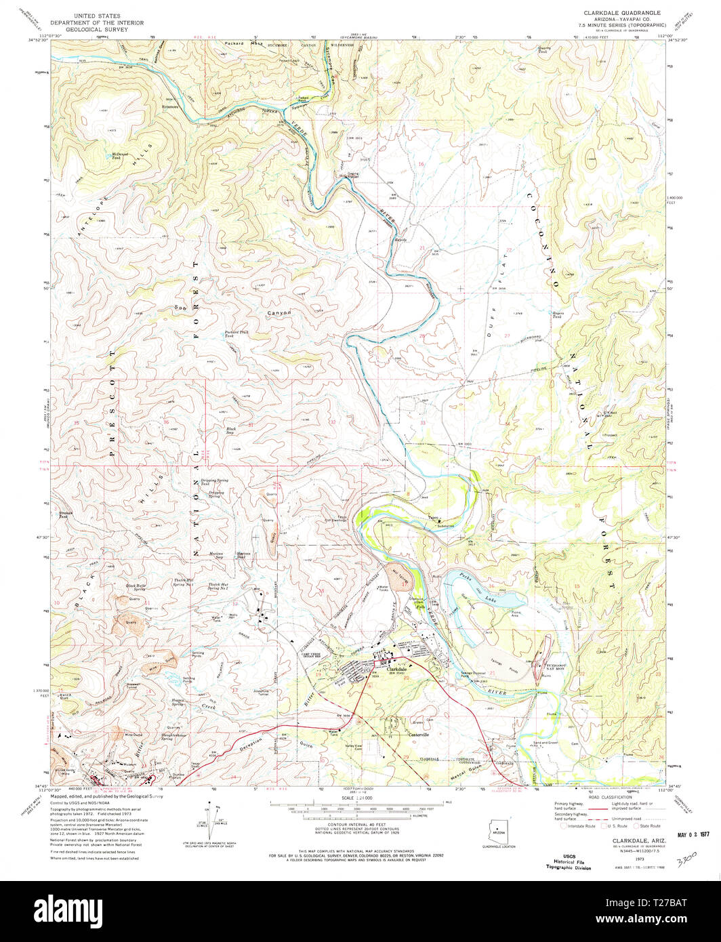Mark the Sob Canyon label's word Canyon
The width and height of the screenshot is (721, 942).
(276, 313)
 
